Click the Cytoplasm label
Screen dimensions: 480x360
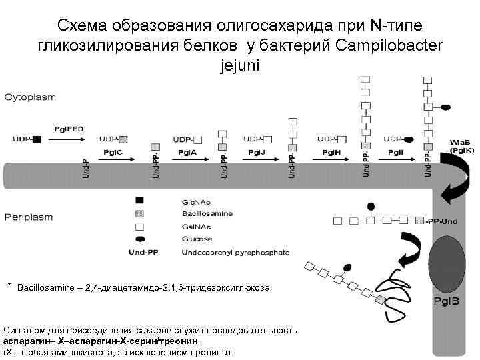pyautogui.click(x=31, y=97)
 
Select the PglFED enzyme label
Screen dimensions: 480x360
pyautogui.click(x=69, y=127)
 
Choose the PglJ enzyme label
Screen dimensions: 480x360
pyautogui.click(x=257, y=153)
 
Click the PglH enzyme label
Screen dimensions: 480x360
pyautogui.click(x=331, y=153)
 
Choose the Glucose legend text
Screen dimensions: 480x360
pyautogui.click(x=197, y=239)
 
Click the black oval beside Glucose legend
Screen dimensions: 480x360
pyautogui.click(x=139, y=239)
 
